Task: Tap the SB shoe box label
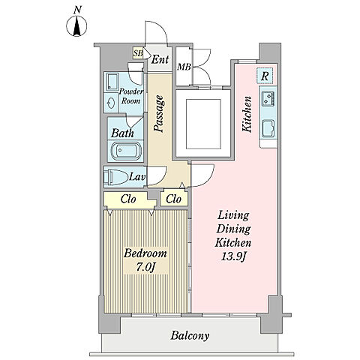click(x=138, y=53)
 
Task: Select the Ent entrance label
click(x=160, y=59)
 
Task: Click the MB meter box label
click(x=184, y=67)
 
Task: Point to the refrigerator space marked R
click(x=265, y=76)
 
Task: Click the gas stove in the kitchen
click(x=268, y=98)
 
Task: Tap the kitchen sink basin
click(x=268, y=128)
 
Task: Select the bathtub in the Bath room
click(x=126, y=151)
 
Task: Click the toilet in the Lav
click(x=115, y=177)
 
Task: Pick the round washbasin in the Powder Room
click(x=111, y=103)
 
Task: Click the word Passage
click(x=160, y=113)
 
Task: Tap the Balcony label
click(x=190, y=336)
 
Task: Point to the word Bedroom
click(x=145, y=253)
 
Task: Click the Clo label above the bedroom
click(x=128, y=199)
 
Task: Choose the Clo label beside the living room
click(x=173, y=199)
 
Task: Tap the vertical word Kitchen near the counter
click(x=247, y=114)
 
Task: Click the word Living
click(x=233, y=215)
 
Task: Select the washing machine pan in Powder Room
click(x=111, y=82)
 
